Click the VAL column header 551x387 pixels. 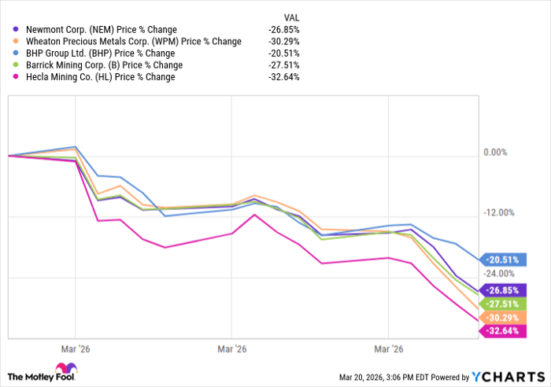pyautogui.click(x=291, y=17)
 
